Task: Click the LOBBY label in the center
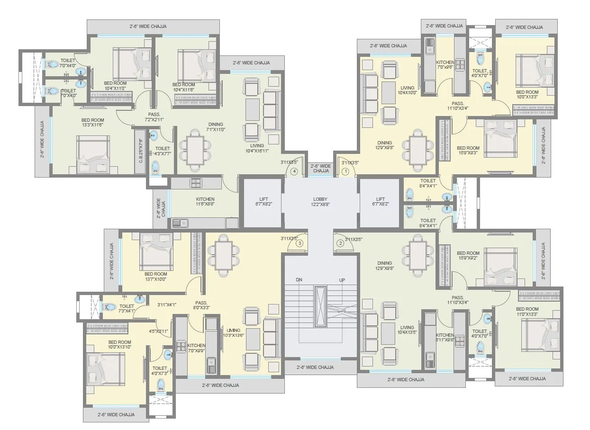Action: tap(320, 202)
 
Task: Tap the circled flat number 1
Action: tap(345, 171)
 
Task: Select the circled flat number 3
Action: tap(300, 243)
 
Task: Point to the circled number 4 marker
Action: tap(295, 171)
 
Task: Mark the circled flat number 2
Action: tap(340, 243)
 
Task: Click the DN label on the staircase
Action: tap(299, 280)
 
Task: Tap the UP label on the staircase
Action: tap(342, 280)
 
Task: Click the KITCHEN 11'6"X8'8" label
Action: tap(205, 202)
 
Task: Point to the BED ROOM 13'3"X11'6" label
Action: tap(92, 123)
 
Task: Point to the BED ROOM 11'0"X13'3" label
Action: tap(527, 312)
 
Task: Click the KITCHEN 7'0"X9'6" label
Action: tap(445, 65)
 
